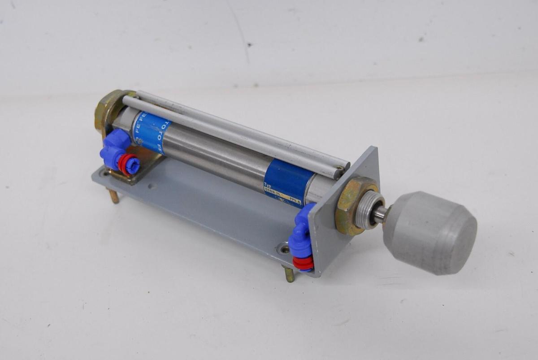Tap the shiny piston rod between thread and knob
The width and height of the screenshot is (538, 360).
point(379,215)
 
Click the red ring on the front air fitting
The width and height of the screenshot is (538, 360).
point(303,263)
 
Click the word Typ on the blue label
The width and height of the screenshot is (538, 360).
point(269,184)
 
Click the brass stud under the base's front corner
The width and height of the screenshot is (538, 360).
point(289,274)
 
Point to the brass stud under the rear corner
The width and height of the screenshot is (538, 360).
point(114,196)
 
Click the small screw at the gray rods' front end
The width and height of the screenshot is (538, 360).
point(341,169)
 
